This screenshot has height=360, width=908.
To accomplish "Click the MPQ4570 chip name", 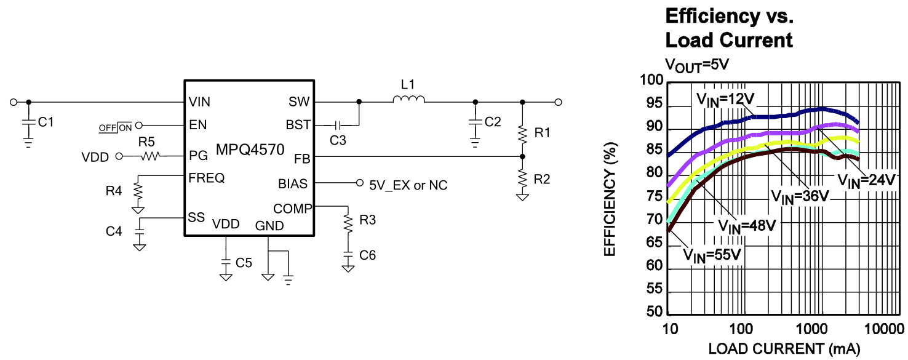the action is tap(250, 150).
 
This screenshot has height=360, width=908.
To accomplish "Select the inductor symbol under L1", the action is tap(408, 99).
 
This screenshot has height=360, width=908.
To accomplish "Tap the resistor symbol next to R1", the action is tap(522, 135).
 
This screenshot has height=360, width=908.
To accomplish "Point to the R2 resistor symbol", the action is tap(522, 179).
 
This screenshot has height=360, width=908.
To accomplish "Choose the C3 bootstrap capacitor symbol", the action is tap(338, 126).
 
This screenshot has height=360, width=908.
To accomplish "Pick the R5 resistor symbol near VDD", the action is tap(150, 156).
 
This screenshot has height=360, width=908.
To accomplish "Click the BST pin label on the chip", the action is tap(298, 125).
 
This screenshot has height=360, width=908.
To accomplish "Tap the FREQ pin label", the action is tap(207, 178).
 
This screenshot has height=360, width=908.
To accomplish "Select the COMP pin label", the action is tap(293, 209).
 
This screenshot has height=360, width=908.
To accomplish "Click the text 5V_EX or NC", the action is tap(408, 185).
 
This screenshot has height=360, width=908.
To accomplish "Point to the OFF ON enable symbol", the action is tap(116, 128).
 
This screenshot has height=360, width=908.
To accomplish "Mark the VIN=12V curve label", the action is tap(725, 100).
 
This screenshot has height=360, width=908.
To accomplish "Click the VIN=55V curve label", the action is tap(712, 255).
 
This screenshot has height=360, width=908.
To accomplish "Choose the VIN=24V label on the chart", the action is tap(866, 181).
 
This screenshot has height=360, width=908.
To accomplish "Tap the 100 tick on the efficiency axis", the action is tap(651, 80).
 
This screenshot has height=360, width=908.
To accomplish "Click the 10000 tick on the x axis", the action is tap(884, 329).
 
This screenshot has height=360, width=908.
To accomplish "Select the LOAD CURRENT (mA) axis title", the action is tap(784, 349).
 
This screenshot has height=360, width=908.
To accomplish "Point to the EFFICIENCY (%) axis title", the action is tap(610, 199).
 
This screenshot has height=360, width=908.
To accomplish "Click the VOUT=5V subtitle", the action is tap(697, 65).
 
